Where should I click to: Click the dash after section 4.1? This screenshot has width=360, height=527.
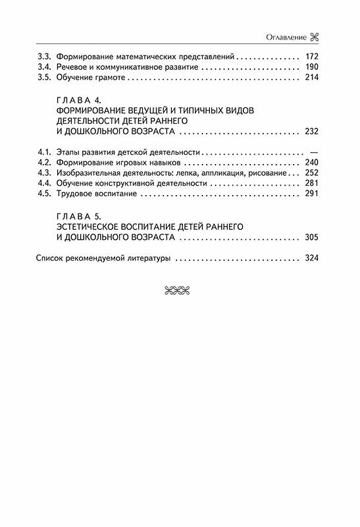click(313, 152)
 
